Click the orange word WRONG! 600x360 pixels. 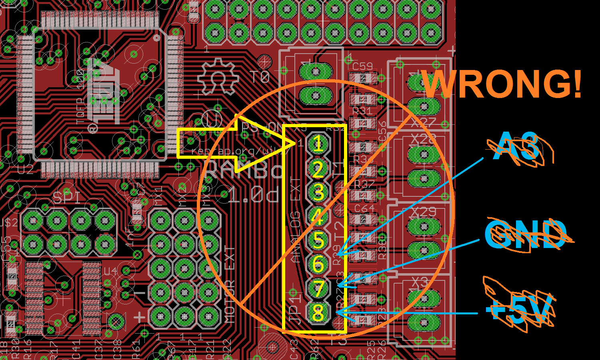502,84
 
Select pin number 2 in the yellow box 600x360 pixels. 318,170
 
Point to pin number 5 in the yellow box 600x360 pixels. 318,240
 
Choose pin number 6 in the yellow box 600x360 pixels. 318,264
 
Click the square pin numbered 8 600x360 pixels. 318,313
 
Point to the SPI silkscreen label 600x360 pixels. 66,197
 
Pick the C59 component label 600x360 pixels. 362,66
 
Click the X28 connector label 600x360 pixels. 423,140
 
